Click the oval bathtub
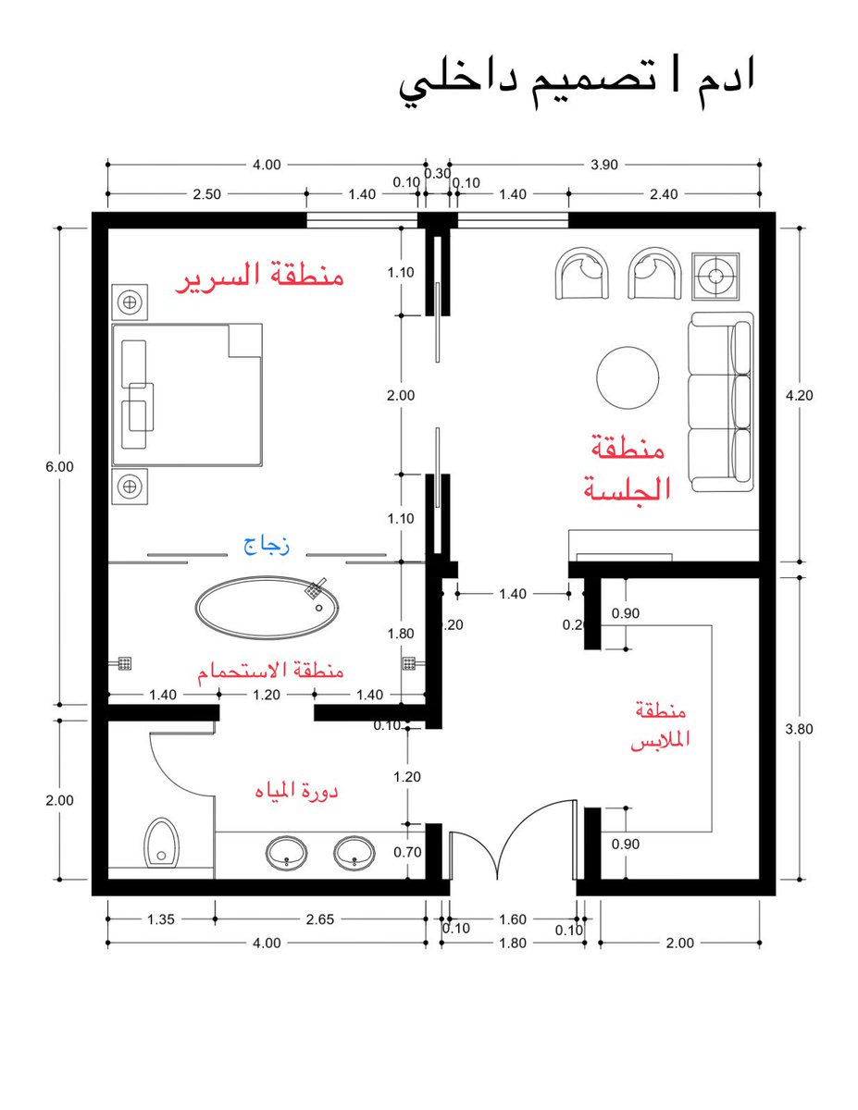pyautogui.click(x=267, y=608)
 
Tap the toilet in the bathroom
pyautogui.click(x=161, y=843)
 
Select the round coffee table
pyautogui.click(x=628, y=377)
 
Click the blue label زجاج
pyautogui.click(x=267, y=546)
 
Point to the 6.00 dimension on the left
pyautogui.click(x=59, y=466)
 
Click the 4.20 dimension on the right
pyautogui.click(x=799, y=395)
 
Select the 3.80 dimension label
pyautogui.click(x=799, y=728)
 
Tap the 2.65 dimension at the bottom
pyautogui.click(x=320, y=919)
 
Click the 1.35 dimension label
pyautogui.click(x=160, y=919)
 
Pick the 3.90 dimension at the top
pyautogui.click(x=604, y=165)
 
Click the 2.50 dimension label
pyautogui.click(x=206, y=194)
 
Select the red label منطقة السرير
pyautogui.click(x=259, y=277)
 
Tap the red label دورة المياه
pyautogui.click(x=296, y=791)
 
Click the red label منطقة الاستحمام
pyautogui.click(x=270, y=670)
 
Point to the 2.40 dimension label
pyautogui.click(x=664, y=194)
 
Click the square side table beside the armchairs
pyautogui.click(x=715, y=276)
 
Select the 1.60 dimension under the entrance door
pyautogui.click(x=512, y=919)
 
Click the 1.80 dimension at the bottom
pyautogui.click(x=512, y=943)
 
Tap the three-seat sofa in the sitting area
pyautogui.click(x=721, y=401)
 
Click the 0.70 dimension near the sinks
pyautogui.click(x=407, y=852)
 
